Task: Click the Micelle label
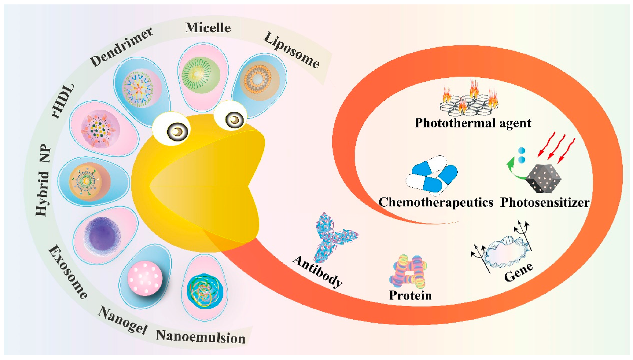point(208,27)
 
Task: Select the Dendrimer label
point(121,47)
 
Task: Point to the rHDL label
point(63,101)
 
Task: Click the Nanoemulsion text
point(201,337)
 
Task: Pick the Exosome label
point(68,272)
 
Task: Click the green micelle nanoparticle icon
point(201,75)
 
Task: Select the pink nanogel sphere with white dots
point(145,278)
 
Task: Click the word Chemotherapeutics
point(436,202)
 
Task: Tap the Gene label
point(518,272)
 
